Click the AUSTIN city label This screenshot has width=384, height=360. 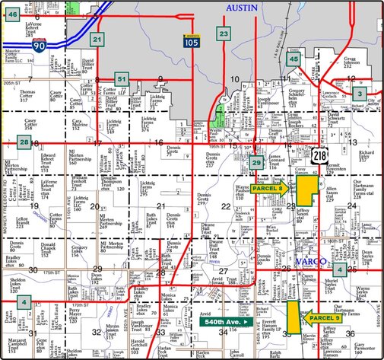click(245, 6)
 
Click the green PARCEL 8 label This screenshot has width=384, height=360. click(268, 186)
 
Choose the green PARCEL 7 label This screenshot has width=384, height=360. click(322, 317)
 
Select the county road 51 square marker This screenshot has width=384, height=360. click(121, 78)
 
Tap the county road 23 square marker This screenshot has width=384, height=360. click(224, 33)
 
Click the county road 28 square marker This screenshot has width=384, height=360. click(25, 142)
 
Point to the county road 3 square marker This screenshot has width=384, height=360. click(358, 92)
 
